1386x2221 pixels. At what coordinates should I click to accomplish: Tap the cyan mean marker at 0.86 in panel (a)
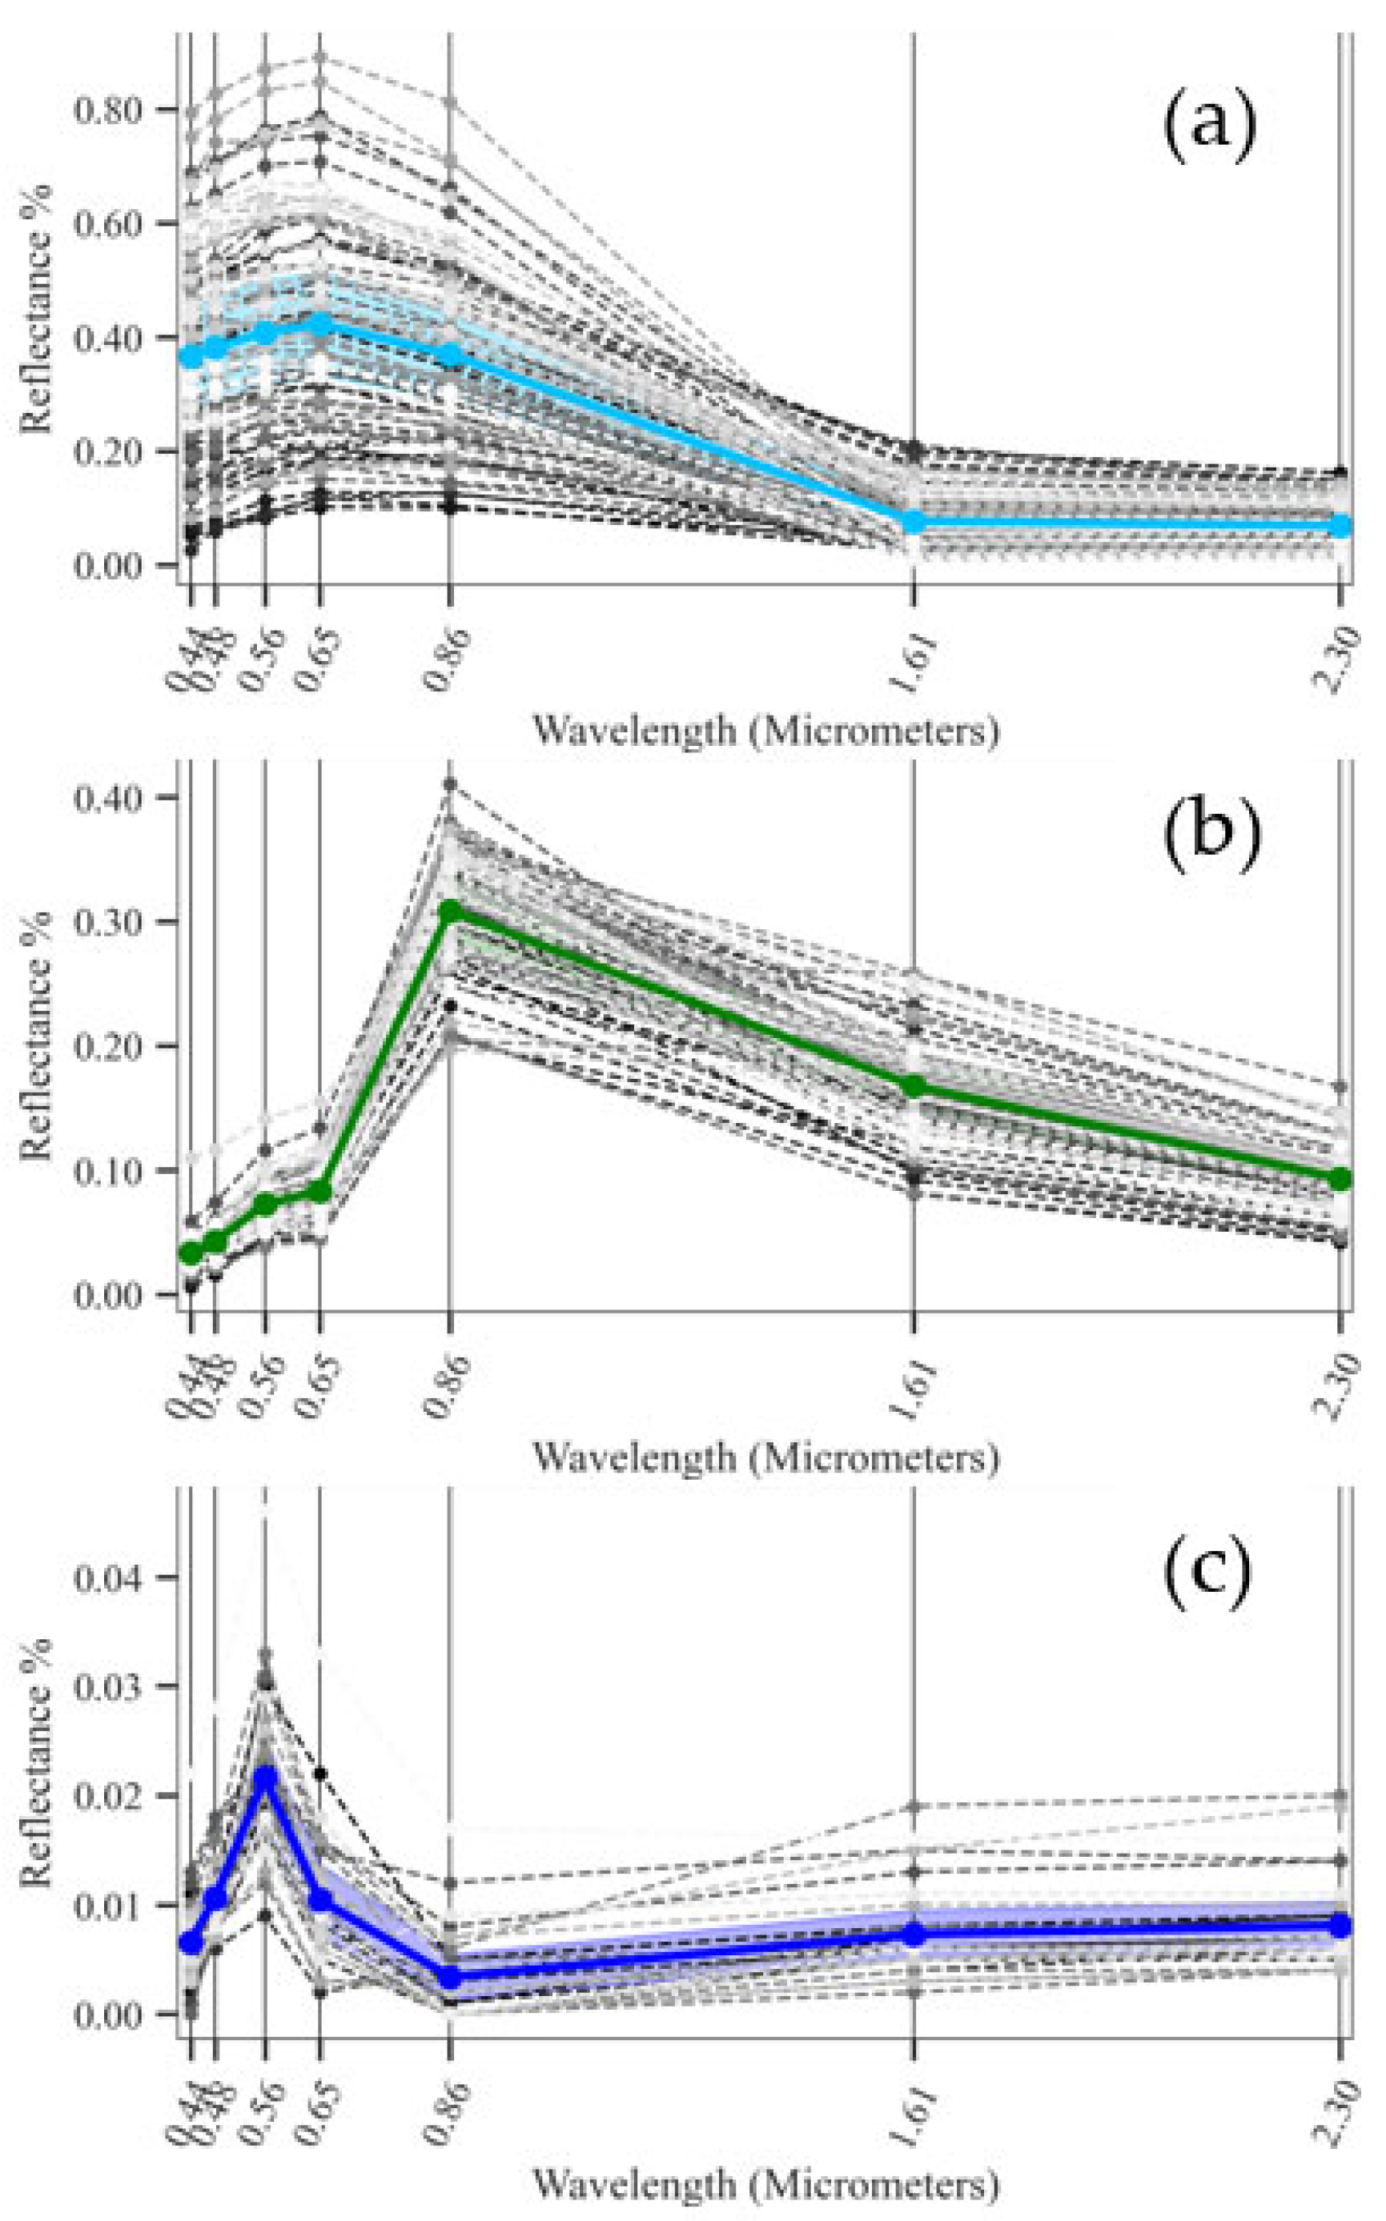click(450, 354)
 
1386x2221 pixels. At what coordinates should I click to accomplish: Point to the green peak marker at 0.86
click(450, 910)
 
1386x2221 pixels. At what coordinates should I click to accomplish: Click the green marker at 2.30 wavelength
click(1340, 1178)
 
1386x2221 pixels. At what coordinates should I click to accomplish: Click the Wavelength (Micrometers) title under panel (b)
click(765, 1457)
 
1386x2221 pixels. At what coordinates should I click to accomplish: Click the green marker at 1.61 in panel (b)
click(914, 1086)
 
